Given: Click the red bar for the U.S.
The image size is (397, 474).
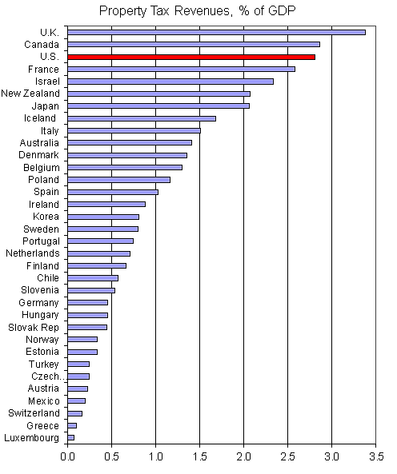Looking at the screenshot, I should click(x=191, y=57).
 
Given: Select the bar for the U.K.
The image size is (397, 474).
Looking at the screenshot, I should click(x=216, y=32).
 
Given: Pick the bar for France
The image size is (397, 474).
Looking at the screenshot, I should click(x=181, y=69).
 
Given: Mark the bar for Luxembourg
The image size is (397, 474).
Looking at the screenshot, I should click(x=71, y=437).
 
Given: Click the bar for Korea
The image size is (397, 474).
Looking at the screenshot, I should click(x=103, y=217).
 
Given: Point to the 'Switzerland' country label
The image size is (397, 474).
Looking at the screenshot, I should click(x=34, y=412).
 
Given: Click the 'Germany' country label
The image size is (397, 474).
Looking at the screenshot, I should click(x=39, y=303).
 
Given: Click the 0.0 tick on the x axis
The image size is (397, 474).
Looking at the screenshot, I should click(x=68, y=458).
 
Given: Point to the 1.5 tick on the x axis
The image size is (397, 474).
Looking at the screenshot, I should click(x=199, y=458).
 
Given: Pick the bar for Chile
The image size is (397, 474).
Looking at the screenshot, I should click(x=93, y=278).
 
